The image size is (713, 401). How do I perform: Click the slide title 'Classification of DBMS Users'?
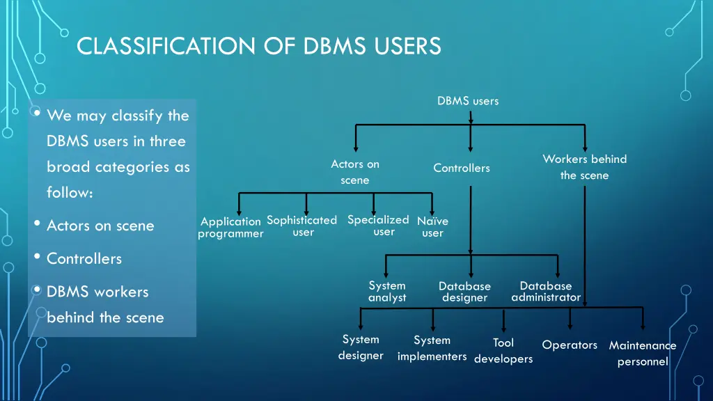click(259, 46)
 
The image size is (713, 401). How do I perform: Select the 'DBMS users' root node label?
click(468, 101)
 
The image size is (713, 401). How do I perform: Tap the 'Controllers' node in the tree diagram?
click(462, 168)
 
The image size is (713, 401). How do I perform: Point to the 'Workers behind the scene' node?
click(585, 167)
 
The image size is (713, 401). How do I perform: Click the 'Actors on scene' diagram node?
click(355, 173)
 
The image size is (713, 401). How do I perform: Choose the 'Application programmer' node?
click(230, 228)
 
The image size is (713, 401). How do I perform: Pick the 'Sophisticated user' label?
click(302, 226)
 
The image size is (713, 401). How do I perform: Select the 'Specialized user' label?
click(378, 226)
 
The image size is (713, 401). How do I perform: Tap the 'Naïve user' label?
click(432, 227)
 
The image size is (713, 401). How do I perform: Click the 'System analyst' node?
click(387, 292)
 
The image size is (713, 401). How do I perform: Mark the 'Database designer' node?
click(464, 292)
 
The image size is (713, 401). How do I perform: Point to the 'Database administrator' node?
click(546, 292)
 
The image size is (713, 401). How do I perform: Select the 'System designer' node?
click(361, 347)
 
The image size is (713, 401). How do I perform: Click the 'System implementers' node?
click(432, 348)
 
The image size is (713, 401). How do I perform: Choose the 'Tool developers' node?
click(503, 351)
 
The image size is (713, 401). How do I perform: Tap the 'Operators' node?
click(570, 345)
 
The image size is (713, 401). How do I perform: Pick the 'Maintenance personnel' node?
click(643, 353)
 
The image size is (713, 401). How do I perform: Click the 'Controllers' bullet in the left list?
click(84, 259)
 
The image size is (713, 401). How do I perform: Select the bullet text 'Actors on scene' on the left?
click(100, 226)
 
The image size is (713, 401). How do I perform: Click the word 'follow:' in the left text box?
click(70, 192)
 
